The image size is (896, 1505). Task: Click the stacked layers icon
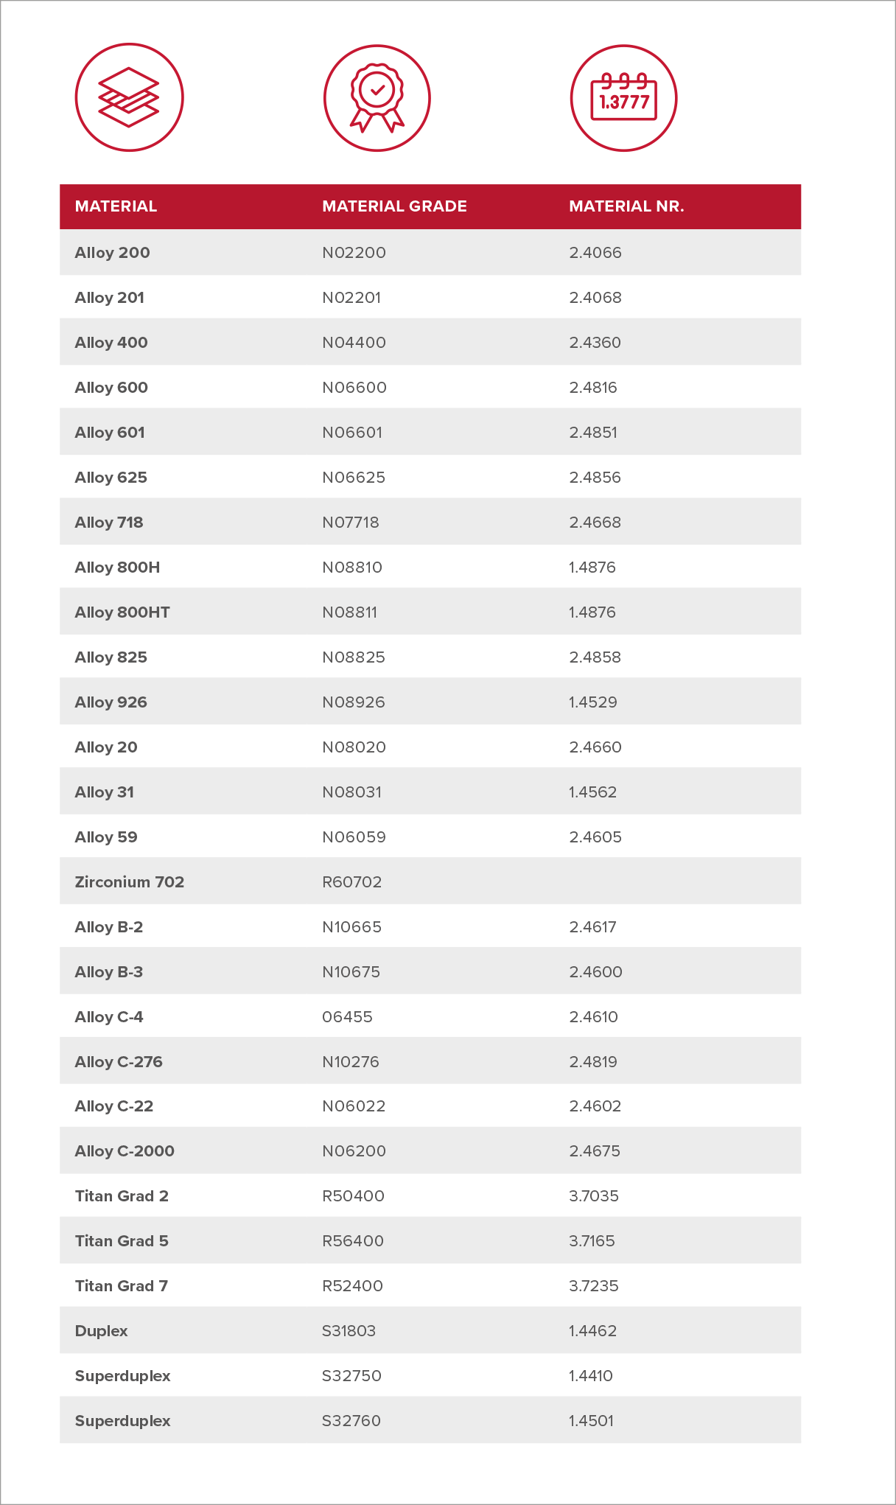(129, 97)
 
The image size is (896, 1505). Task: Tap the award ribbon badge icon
(377, 98)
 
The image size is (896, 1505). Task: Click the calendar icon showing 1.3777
(623, 98)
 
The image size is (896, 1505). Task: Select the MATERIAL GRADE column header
(394, 206)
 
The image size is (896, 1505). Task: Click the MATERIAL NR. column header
(626, 206)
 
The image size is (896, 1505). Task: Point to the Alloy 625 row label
(111, 478)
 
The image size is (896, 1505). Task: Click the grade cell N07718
(351, 523)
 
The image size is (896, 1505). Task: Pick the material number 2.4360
(595, 343)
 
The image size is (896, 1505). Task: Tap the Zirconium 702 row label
(130, 882)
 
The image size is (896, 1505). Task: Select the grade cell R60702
(351, 882)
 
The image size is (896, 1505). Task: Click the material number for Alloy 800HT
(592, 612)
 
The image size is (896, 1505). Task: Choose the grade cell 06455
(347, 1017)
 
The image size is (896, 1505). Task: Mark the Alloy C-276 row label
(119, 1062)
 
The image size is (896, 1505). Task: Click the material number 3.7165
(592, 1241)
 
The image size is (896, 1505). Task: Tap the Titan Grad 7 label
(122, 1286)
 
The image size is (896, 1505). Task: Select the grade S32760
(351, 1421)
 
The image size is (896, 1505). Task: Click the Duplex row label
(102, 1331)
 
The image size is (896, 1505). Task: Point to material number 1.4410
(591, 1376)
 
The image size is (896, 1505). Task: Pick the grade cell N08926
(354, 702)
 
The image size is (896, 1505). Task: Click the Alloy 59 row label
(106, 837)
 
